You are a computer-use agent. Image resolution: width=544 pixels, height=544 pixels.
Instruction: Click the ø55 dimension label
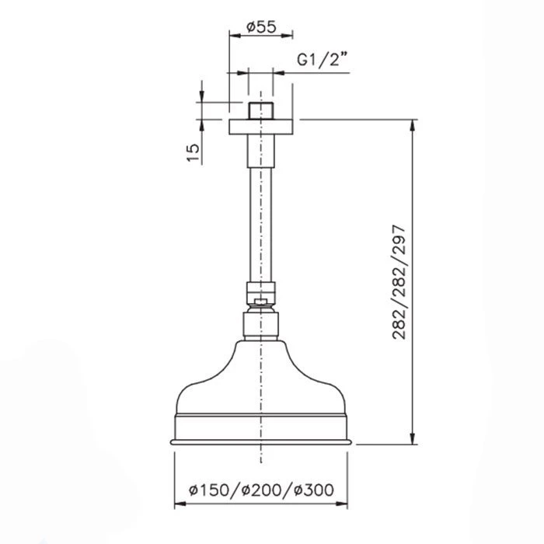click(x=261, y=26)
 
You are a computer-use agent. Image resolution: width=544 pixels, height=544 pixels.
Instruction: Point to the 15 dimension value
click(x=194, y=152)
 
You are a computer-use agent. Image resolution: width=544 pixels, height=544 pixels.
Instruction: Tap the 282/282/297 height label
click(x=398, y=282)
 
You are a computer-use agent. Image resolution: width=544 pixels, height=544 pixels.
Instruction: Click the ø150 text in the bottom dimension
click(x=209, y=490)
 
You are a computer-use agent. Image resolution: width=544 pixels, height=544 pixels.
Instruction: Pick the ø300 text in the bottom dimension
click(x=314, y=490)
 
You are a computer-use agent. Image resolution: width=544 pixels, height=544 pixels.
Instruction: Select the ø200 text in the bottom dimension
click(x=261, y=490)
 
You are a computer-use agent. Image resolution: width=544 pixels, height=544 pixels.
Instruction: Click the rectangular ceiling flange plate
click(x=261, y=127)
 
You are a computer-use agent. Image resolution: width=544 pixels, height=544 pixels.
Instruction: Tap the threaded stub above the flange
click(x=261, y=111)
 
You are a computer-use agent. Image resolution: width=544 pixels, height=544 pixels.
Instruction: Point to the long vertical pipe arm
click(x=261, y=225)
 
